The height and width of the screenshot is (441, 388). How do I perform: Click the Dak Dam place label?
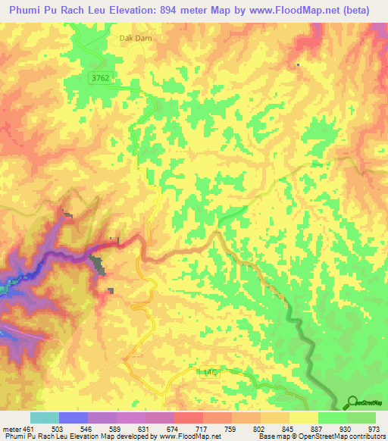(x=133, y=36)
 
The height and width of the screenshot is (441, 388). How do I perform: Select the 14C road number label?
(x=211, y=372)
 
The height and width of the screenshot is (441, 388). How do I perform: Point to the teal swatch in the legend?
(x=44, y=418)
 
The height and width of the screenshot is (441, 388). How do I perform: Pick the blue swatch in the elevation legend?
(x=74, y=418)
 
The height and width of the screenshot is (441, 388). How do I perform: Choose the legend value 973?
(x=373, y=427)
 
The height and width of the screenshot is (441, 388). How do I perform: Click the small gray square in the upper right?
(x=298, y=64)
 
